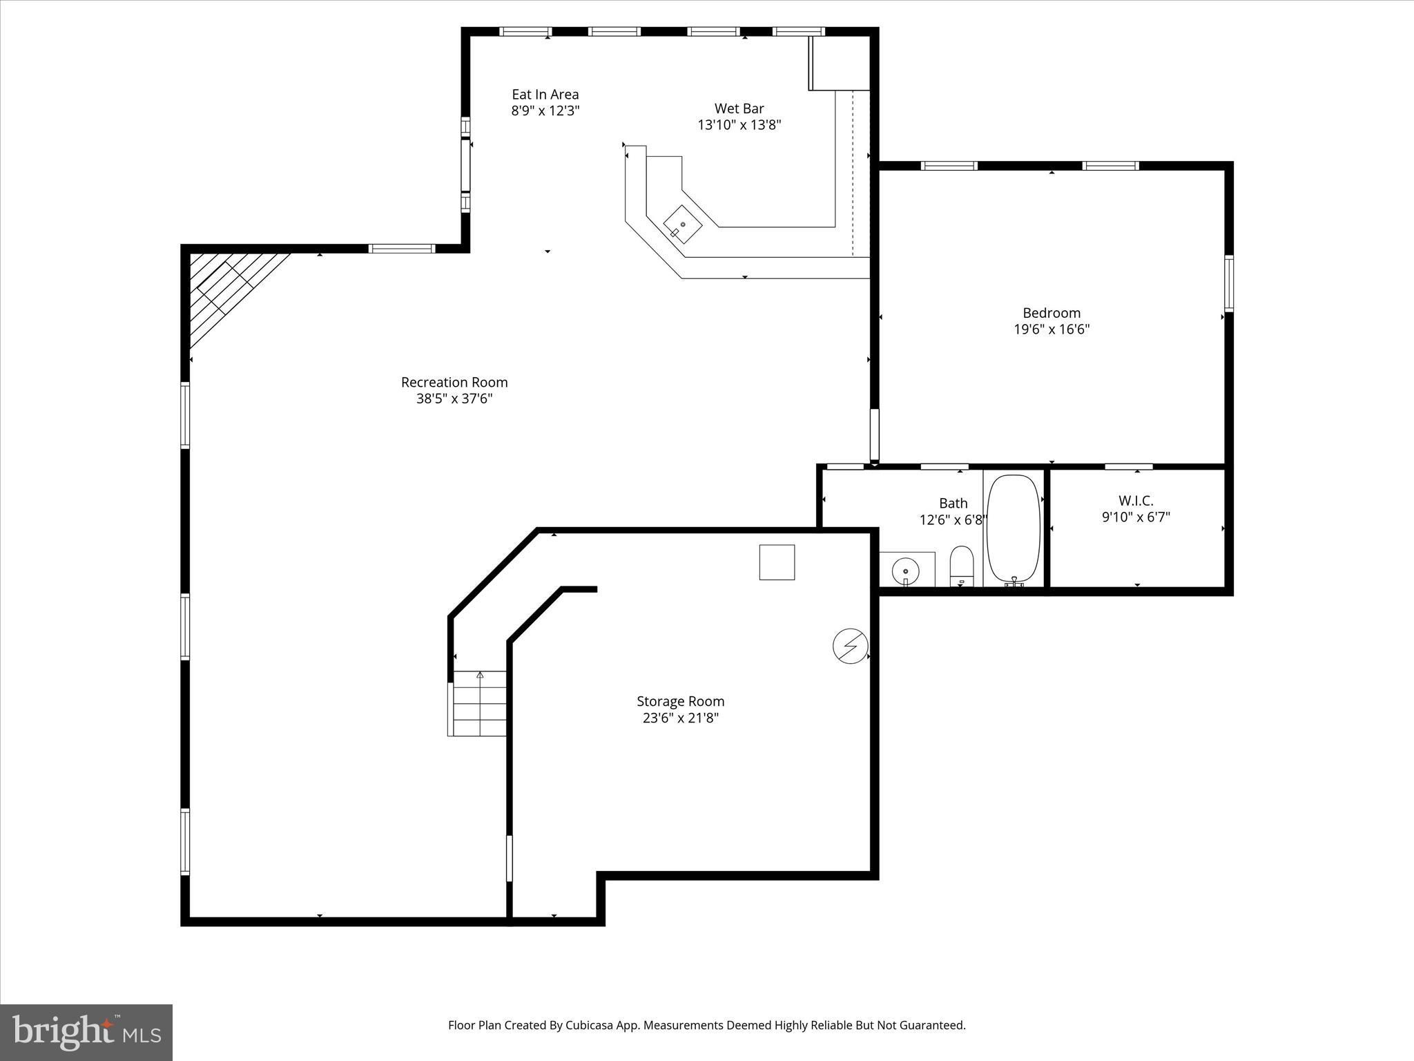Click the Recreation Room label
pos(454,382)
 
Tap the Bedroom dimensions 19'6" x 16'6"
pos(1052,329)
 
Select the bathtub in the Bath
pos(1014,529)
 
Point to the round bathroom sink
pos(905,571)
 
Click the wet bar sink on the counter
pos(682,224)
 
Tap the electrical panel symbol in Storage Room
pos(850,646)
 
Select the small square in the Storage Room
pos(777,562)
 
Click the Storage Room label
pos(680,701)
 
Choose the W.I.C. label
pos(1136,501)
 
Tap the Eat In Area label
pos(545,95)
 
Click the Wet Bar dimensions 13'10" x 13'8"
pos(739,125)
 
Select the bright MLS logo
pos(86,1033)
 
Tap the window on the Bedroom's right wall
pos(1229,283)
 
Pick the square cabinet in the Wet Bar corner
pos(840,64)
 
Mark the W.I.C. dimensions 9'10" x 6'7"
pos(1136,517)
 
